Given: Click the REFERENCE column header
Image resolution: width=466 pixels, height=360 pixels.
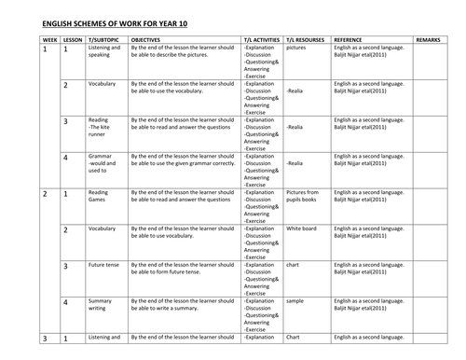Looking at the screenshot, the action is coord(352,38).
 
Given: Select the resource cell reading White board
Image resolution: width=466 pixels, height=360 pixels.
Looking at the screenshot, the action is coord(302,228).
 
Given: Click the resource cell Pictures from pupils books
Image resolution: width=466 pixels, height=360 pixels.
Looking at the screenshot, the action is coord(304,197).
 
